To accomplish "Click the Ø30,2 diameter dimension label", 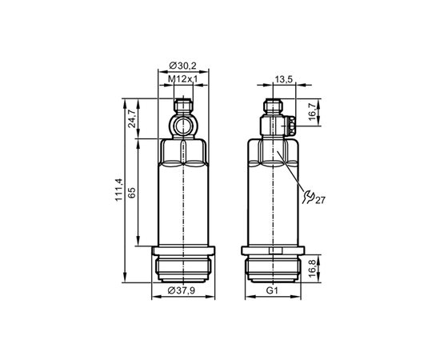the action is [182, 66].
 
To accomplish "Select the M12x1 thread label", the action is [182, 79].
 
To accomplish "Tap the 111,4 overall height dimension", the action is [118, 190].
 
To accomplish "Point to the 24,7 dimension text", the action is [132, 119].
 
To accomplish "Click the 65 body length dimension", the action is [132, 193].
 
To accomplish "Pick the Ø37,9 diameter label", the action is [182, 290].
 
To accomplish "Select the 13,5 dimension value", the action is [284, 79].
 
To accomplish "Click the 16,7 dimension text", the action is [314, 111].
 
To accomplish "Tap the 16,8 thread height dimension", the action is [314, 269].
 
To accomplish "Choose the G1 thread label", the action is [272, 290].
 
